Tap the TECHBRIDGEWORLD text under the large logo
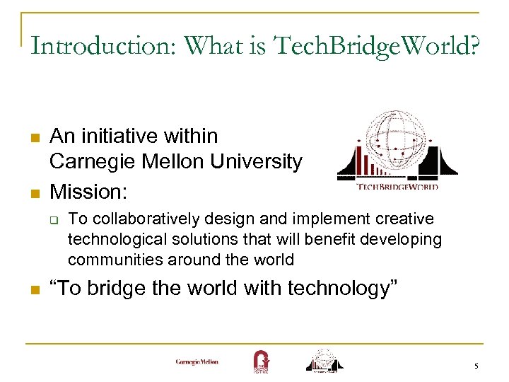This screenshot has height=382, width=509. pos(397,187)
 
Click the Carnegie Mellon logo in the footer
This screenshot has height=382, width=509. pos(197,362)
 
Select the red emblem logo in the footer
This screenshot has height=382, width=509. pos(261,361)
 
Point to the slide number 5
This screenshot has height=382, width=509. pos(476,366)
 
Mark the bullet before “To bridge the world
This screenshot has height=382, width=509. pos(33,289)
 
